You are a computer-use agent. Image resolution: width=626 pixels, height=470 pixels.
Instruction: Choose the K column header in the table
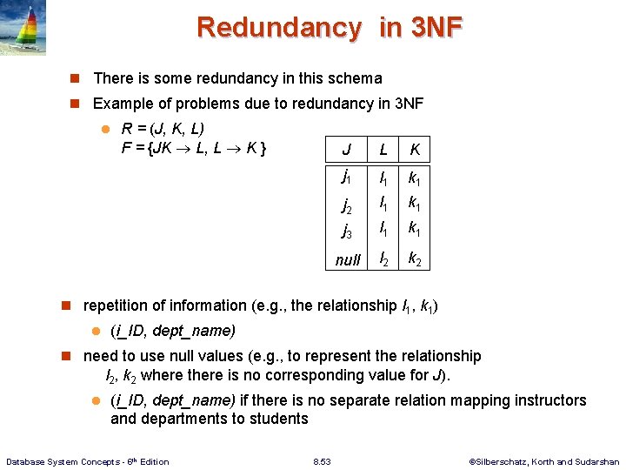[415, 150]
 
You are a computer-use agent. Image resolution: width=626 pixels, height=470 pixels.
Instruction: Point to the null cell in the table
[348, 259]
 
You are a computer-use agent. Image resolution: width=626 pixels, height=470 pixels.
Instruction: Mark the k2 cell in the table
[415, 258]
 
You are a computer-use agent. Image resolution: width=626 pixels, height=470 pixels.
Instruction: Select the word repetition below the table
[118, 305]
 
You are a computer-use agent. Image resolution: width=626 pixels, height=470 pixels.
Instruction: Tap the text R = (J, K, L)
[162, 129]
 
